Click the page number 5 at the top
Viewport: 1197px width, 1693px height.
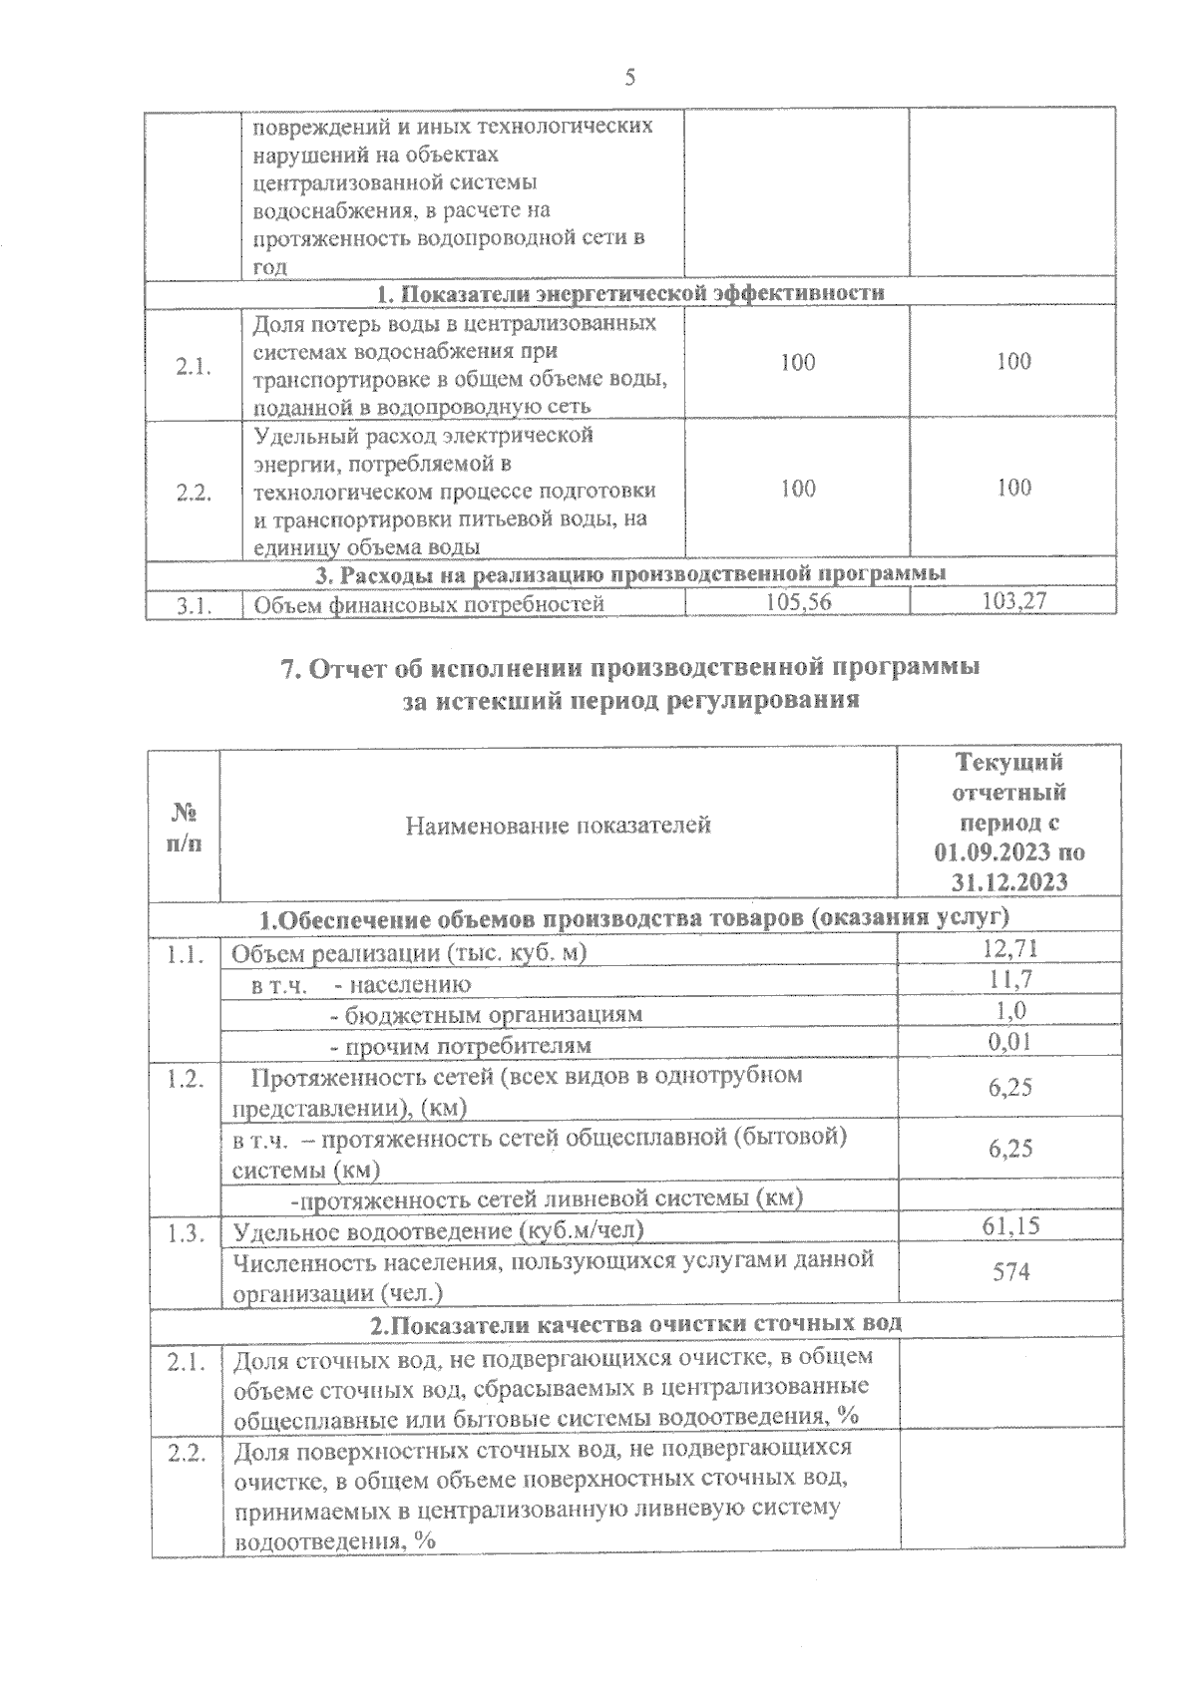(629, 78)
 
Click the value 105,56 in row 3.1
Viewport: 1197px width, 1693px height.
(798, 601)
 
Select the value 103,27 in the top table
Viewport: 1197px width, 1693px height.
(1012, 601)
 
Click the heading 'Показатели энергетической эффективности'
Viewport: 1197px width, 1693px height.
(630, 293)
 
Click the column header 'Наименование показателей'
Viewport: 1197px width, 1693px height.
(558, 825)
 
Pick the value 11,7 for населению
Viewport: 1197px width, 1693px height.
(1010, 980)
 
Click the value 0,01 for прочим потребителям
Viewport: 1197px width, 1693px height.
(1009, 1042)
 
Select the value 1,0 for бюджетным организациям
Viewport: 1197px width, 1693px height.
(1011, 1011)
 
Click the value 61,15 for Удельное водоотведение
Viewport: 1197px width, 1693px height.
(1010, 1226)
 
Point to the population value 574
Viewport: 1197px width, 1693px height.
(1010, 1272)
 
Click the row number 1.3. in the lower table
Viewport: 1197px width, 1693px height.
(187, 1232)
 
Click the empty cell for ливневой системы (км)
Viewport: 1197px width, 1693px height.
(1009, 1196)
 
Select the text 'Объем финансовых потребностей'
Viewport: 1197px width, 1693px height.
(429, 604)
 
